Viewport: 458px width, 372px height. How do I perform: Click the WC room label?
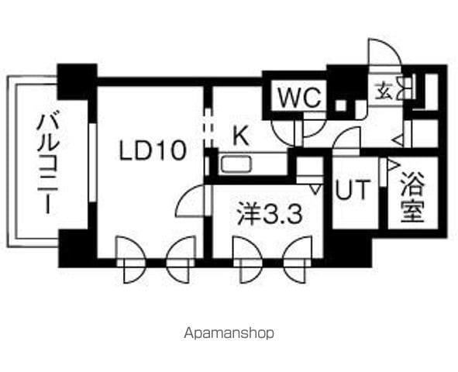pyautogui.click(x=300, y=97)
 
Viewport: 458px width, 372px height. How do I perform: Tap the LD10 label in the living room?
pyautogui.click(x=153, y=150)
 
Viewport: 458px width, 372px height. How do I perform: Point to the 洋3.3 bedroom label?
pyautogui.click(x=270, y=215)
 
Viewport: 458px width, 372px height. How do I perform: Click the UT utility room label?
pyautogui.click(x=353, y=189)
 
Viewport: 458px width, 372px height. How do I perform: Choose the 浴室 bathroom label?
pyautogui.click(x=412, y=197)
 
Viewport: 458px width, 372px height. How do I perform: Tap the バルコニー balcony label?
pyautogui.click(x=47, y=162)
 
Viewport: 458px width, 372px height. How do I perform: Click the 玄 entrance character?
pyautogui.click(x=384, y=90)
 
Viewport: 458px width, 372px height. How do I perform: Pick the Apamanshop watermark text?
pyautogui.click(x=229, y=333)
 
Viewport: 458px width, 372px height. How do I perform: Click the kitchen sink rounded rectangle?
pyautogui.click(x=236, y=164)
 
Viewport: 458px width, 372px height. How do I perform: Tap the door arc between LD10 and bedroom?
pyautogui.click(x=190, y=201)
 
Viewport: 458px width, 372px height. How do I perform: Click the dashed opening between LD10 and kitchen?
pyautogui.click(x=208, y=128)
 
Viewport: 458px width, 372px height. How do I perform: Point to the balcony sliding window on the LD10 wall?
pyautogui.click(x=92, y=163)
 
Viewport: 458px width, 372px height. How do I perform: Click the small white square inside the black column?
pyautogui.click(x=340, y=105)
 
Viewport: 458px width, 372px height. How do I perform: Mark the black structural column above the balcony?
pyautogui.click(x=77, y=82)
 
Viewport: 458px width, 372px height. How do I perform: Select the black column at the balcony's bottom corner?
pyautogui.click(x=77, y=249)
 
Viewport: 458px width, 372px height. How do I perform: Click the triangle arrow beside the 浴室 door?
pyautogui.click(x=393, y=164)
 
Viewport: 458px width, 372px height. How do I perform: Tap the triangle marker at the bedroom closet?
pyautogui.click(x=315, y=190)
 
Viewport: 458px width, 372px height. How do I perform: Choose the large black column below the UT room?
pyautogui.click(x=348, y=249)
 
